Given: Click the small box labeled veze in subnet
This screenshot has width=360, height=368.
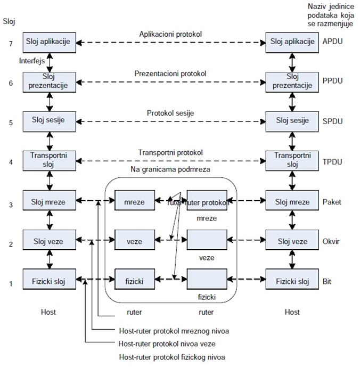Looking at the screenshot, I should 134,241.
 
